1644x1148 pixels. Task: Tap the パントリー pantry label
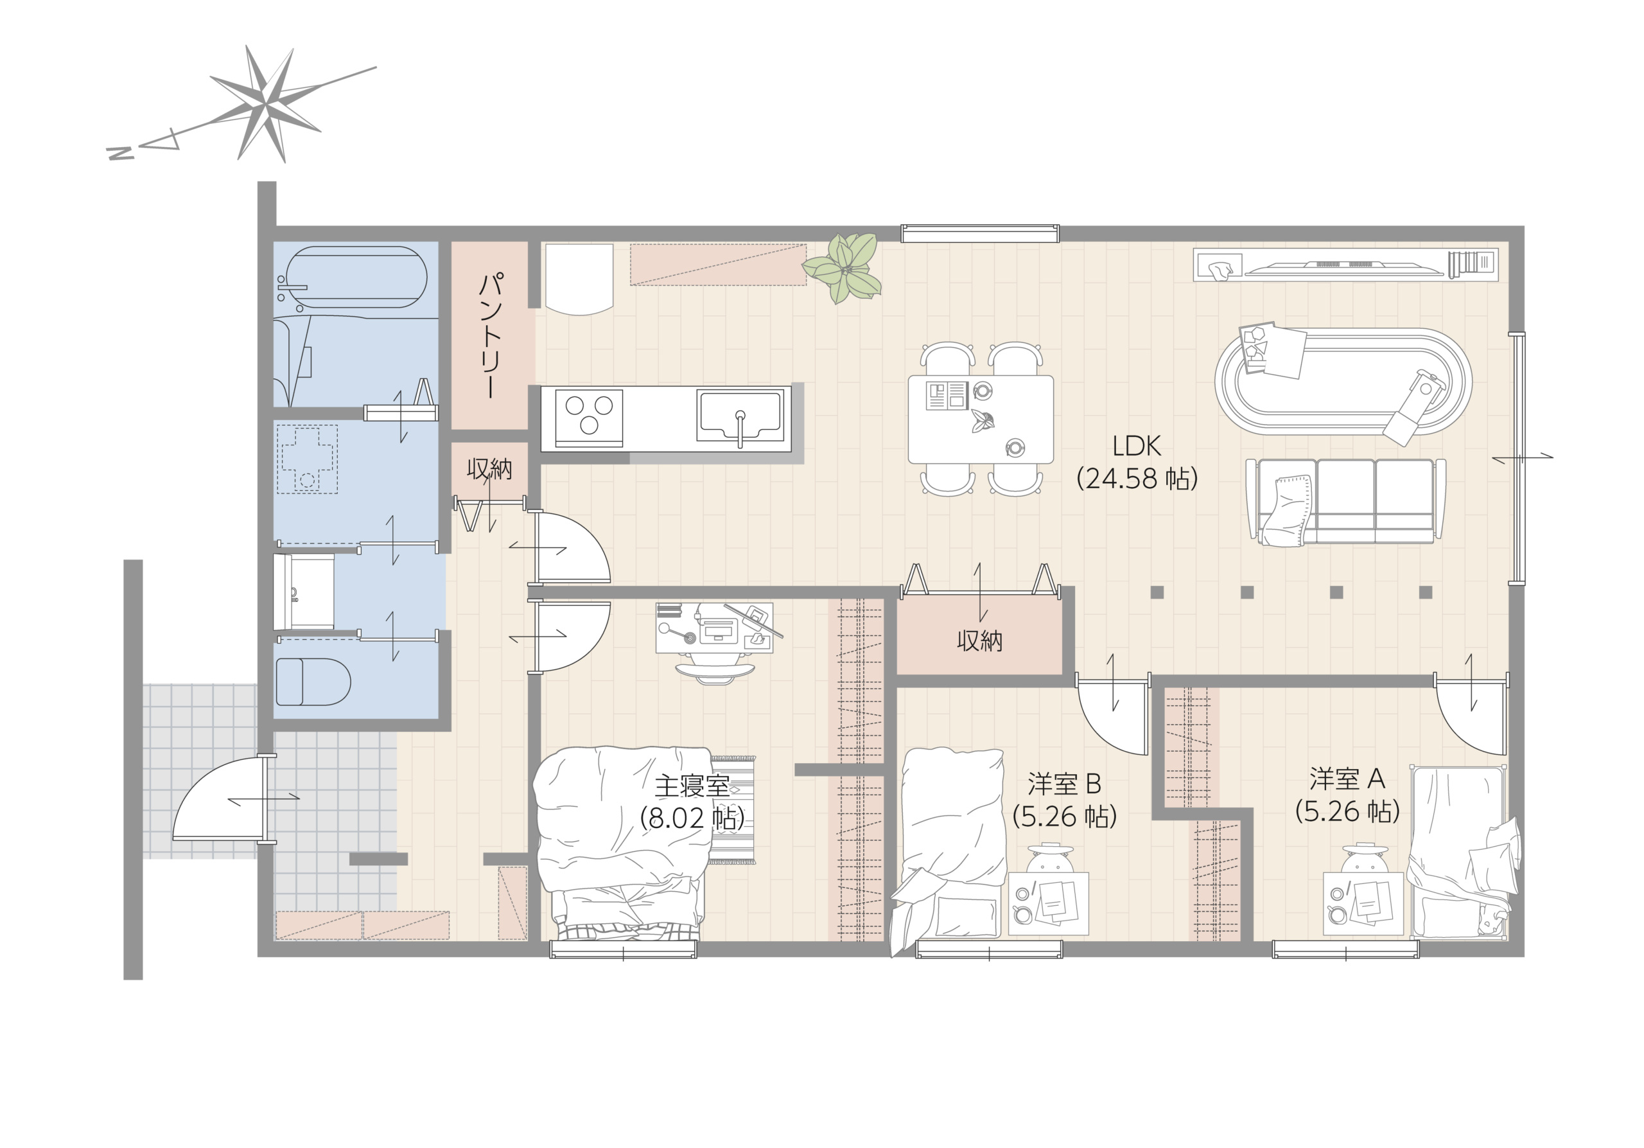(x=491, y=335)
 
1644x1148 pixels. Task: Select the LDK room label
(x=1137, y=446)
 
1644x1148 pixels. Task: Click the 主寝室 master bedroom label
(x=692, y=786)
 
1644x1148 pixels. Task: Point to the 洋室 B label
(x=1064, y=784)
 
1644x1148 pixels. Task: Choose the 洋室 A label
(x=1347, y=779)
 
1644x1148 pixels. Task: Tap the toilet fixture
(x=313, y=681)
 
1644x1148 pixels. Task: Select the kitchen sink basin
(x=740, y=416)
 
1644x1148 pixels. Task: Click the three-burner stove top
(x=589, y=418)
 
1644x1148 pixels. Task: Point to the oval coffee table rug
(x=1343, y=382)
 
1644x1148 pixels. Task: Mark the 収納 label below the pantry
(x=490, y=469)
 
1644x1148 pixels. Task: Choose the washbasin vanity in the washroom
(x=304, y=591)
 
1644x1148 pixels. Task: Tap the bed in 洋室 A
(x=1456, y=852)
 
